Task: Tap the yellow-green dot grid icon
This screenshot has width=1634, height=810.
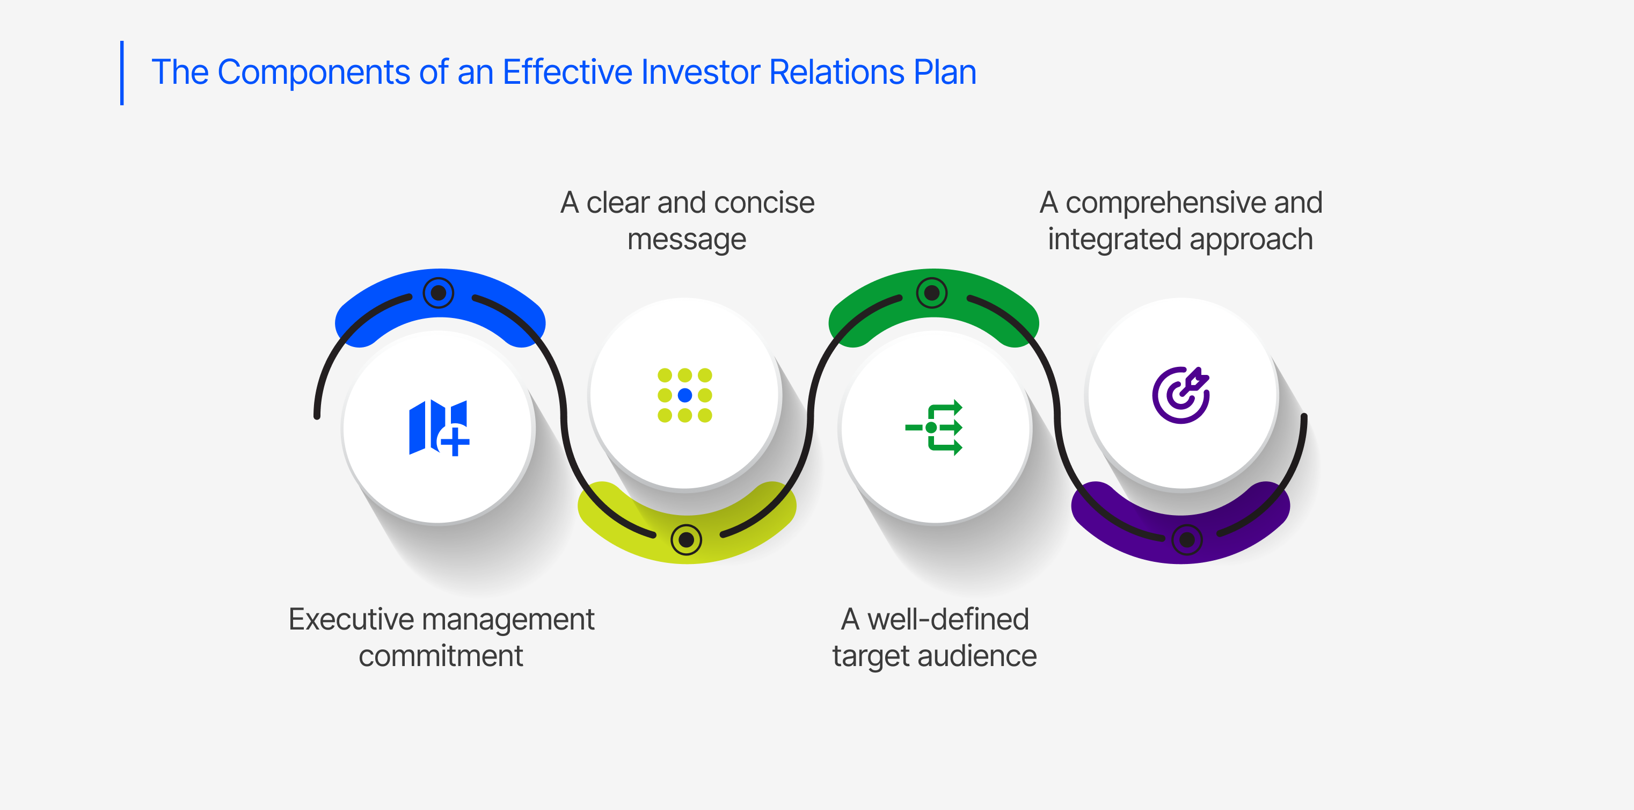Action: [x=684, y=395]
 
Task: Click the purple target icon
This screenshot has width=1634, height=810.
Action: [x=1180, y=395]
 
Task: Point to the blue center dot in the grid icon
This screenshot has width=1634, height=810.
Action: [x=684, y=395]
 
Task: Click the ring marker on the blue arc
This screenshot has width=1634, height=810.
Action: [x=439, y=293]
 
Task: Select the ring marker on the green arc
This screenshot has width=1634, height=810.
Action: [x=932, y=293]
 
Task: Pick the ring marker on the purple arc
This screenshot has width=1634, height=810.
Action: [x=1187, y=540]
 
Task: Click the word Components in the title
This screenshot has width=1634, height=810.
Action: [x=313, y=72]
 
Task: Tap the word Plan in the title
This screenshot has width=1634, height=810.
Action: [x=945, y=72]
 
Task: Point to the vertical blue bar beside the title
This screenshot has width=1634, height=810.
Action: [x=122, y=73]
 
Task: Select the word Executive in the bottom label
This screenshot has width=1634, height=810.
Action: [x=351, y=619]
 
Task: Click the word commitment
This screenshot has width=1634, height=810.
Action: [x=441, y=656]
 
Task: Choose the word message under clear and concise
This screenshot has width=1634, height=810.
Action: [x=687, y=240]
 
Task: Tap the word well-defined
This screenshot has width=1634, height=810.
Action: [x=947, y=619]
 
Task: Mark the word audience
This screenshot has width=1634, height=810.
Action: [x=977, y=656]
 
